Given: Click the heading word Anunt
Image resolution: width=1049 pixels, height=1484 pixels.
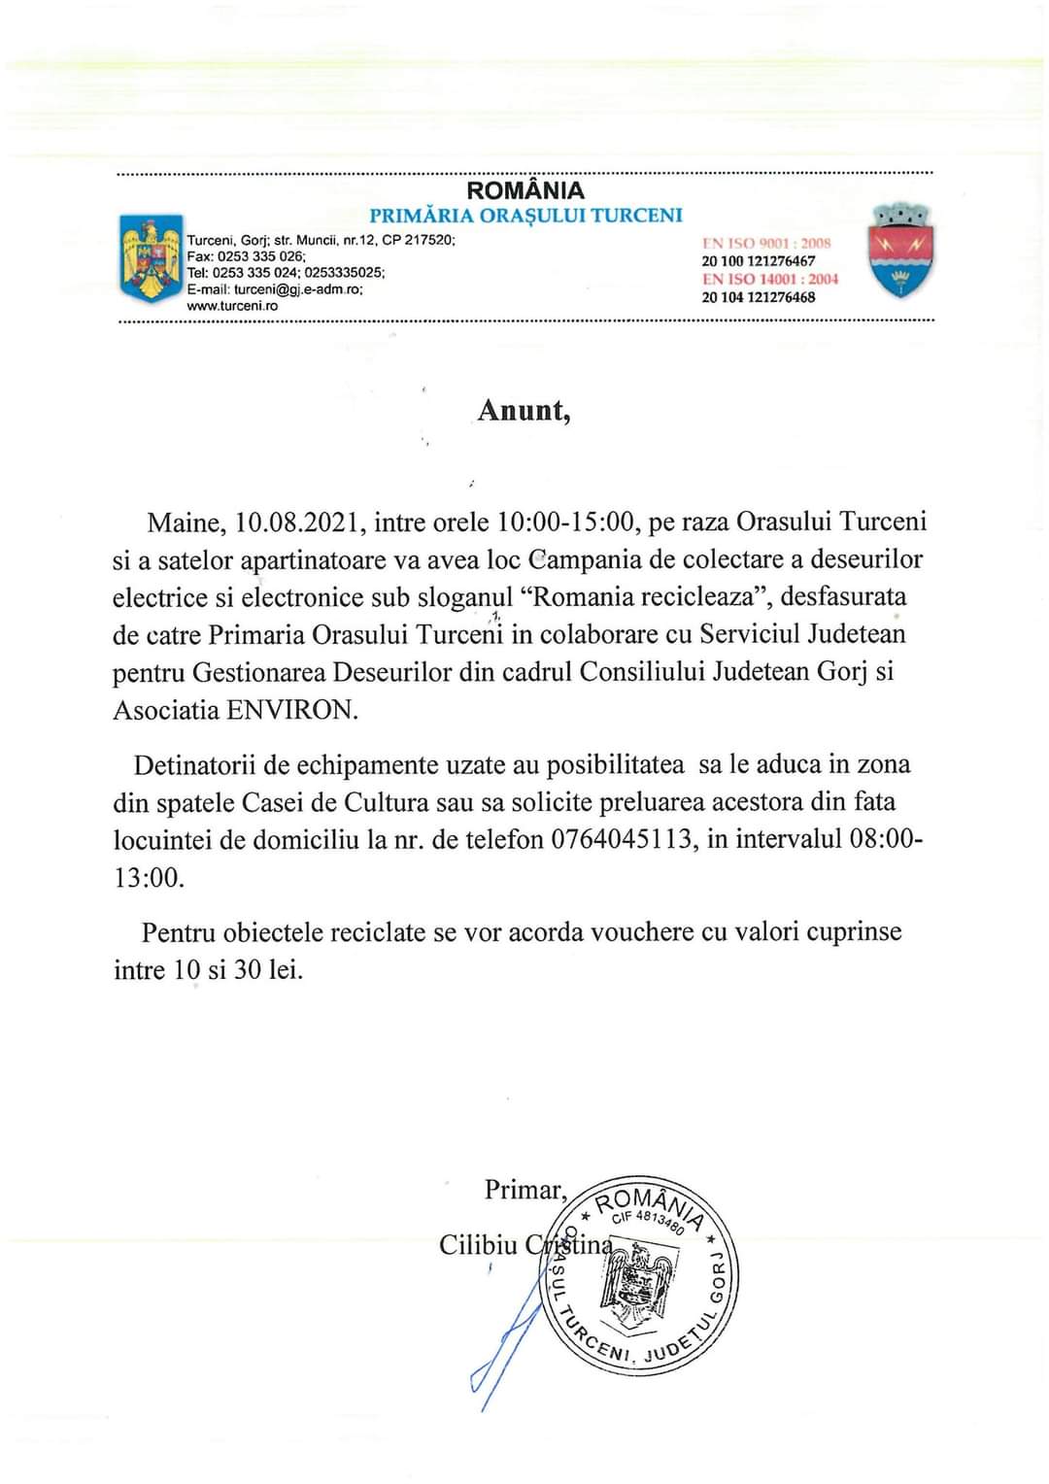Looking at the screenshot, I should pyautogui.click(x=523, y=410).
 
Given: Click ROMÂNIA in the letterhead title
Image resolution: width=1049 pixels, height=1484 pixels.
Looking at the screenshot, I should pyautogui.click(x=525, y=190).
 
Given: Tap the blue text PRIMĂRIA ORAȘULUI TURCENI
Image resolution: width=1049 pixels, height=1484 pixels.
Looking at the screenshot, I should pyautogui.click(x=525, y=215).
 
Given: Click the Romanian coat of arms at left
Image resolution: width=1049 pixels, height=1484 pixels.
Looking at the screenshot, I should pyautogui.click(x=151, y=257).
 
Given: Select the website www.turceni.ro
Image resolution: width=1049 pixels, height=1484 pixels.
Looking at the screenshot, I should pyautogui.click(x=232, y=306).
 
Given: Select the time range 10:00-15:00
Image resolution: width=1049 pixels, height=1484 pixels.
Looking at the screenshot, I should pyautogui.click(x=566, y=523).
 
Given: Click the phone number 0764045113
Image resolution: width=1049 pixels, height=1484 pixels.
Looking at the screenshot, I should pyautogui.click(x=625, y=839).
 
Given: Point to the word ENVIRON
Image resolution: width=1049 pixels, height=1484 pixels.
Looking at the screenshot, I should pyautogui.click(x=291, y=710).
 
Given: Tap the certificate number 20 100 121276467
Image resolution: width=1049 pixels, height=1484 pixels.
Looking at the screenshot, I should pyautogui.click(x=759, y=261).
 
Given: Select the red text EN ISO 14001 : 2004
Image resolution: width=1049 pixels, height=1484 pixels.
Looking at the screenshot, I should pyautogui.click(x=770, y=279).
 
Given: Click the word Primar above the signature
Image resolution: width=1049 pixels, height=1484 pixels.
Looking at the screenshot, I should pyautogui.click(x=524, y=1190).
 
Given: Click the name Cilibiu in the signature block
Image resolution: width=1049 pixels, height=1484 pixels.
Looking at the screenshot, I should pyautogui.click(x=478, y=1244).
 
